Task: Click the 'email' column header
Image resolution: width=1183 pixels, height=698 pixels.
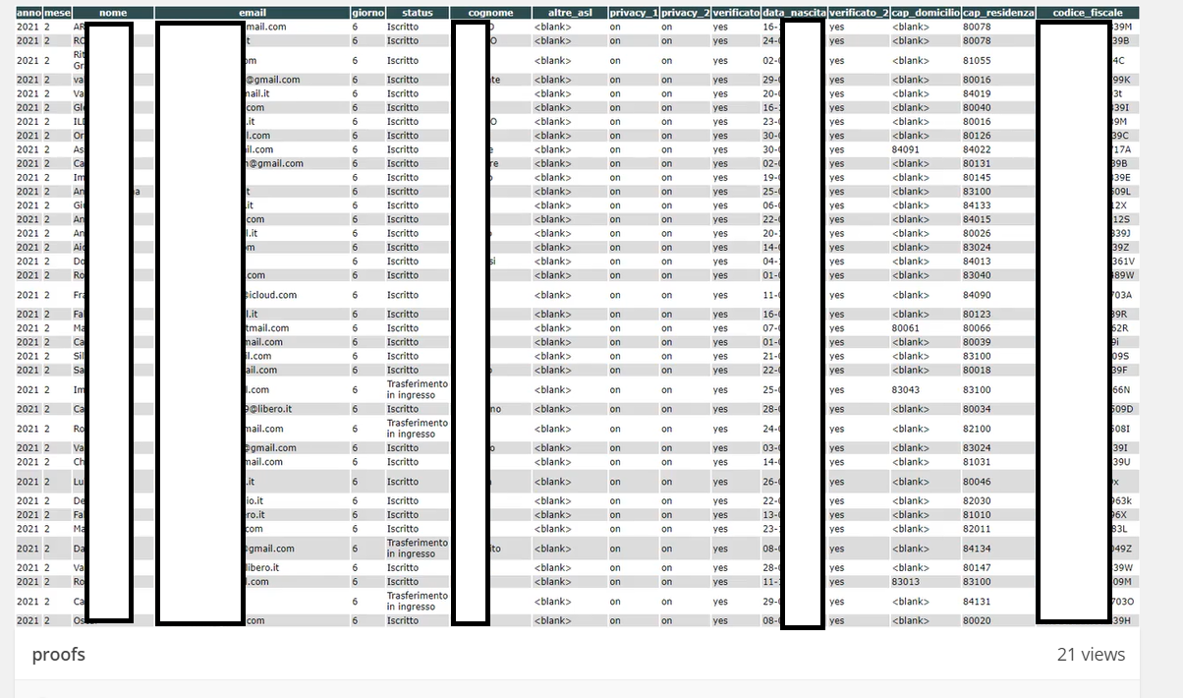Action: click(253, 13)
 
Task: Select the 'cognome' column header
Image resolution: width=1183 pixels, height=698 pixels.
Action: click(490, 13)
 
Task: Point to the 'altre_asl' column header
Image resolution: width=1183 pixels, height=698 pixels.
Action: click(568, 13)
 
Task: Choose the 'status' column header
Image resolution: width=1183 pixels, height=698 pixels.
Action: click(417, 13)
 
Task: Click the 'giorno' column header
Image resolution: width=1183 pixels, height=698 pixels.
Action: click(367, 13)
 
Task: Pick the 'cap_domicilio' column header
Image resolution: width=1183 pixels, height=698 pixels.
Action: click(925, 13)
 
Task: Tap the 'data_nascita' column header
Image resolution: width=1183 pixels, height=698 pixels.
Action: click(794, 13)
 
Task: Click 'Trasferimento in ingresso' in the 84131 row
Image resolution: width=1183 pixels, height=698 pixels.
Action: click(417, 601)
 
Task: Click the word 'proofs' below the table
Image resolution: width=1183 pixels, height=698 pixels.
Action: click(58, 655)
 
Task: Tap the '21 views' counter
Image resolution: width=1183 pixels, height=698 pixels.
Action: click(1091, 655)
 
